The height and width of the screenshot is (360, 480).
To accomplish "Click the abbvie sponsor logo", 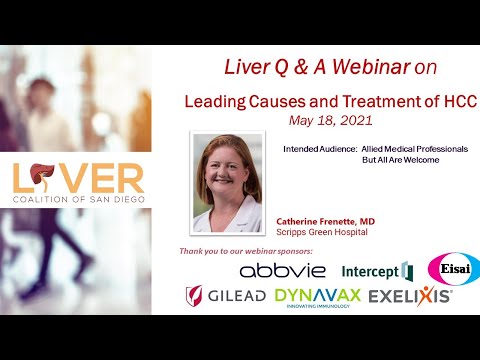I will tap(282, 271).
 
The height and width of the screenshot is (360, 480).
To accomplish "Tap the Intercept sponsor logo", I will tap(376, 271).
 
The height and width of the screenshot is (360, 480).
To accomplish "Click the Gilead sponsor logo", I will tap(225, 296).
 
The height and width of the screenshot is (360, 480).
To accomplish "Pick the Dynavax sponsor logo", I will tap(317, 296).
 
